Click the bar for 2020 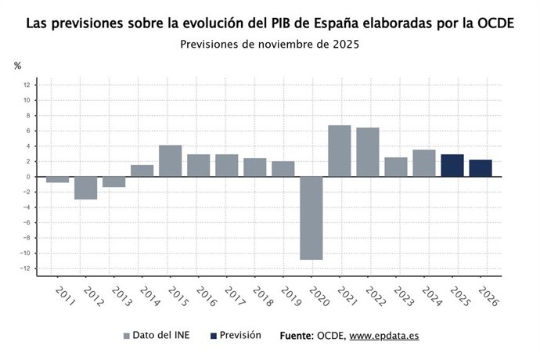point(311,218)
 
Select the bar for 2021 point(340,151)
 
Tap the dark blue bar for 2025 point(452,165)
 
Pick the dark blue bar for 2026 point(481,168)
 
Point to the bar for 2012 point(86,188)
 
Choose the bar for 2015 point(171,160)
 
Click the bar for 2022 point(368,152)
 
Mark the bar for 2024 point(424,163)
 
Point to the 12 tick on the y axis point(27,85)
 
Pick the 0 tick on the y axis point(27,177)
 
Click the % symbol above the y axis point(17,66)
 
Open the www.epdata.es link point(383,336)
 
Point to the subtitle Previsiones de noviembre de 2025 point(269,44)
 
